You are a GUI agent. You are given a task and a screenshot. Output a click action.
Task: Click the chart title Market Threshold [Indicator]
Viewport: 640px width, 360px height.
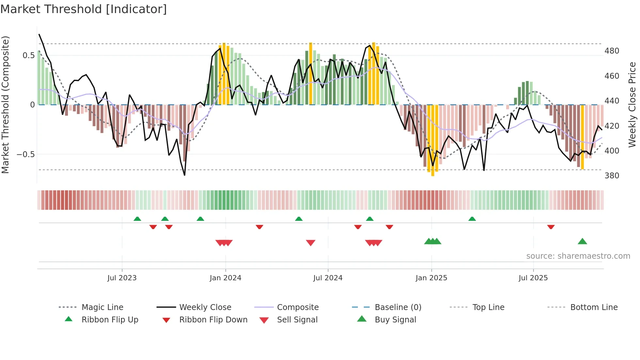pos(84,9)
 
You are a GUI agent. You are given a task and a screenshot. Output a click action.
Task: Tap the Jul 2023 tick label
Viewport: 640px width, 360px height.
pos(122,278)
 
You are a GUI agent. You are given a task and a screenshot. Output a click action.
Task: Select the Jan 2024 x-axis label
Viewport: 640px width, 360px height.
pos(225,278)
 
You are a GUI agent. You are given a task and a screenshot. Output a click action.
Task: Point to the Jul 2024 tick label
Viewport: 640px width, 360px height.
pos(328,278)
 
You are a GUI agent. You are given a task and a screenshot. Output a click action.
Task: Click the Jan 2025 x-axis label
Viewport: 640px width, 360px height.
pos(431,278)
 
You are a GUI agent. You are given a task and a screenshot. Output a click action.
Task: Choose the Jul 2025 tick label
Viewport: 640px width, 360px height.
pos(533,278)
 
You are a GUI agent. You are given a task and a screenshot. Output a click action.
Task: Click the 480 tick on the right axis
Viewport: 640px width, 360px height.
pos(612,51)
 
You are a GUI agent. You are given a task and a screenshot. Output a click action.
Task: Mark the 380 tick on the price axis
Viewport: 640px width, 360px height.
pos(612,176)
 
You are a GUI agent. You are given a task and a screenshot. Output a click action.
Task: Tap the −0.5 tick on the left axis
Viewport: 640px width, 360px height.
pos(26,154)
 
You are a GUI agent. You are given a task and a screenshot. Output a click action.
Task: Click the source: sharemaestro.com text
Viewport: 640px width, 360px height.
pos(578,256)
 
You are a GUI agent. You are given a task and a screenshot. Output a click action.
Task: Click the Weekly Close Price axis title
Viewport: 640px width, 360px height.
pos(632,105)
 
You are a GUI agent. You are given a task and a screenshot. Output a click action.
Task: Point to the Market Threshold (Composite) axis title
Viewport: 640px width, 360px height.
pos(5,105)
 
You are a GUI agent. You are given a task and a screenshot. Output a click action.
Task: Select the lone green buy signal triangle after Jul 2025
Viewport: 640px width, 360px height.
pos(582,242)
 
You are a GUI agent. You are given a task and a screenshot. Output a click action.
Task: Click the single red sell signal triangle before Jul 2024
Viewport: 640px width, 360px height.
pos(311,243)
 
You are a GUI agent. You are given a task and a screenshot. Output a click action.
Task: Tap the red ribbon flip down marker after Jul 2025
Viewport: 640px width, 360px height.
pos(551,227)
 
